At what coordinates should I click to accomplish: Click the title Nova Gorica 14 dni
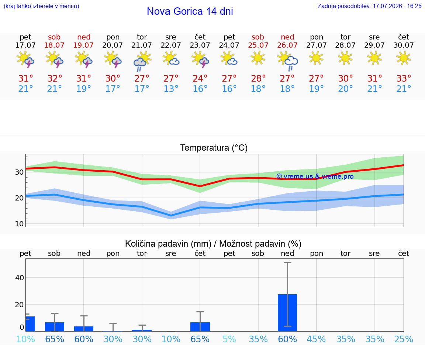[x=190, y=11]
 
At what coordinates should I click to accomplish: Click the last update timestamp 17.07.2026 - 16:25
[x=397, y=6]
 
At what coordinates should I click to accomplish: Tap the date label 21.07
[x=142, y=45]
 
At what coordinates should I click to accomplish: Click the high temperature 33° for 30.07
[x=404, y=78]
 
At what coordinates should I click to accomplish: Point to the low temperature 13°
[x=171, y=89]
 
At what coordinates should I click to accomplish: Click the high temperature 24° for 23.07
[x=200, y=78]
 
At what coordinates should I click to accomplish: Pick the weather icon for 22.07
[x=171, y=59]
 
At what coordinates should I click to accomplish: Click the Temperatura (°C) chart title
[x=214, y=148]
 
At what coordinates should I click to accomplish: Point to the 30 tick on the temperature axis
[x=19, y=172]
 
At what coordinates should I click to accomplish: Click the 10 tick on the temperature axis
[x=19, y=224]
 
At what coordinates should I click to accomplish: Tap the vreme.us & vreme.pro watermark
[x=315, y=176]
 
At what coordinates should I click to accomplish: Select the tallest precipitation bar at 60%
[x=287, y=313]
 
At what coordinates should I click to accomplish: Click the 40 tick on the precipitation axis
[x=20, y=278]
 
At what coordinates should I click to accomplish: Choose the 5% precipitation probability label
[x=229, y=339]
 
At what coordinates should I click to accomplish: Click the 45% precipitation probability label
[x=316, y=339]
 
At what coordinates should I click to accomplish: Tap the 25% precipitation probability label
[x=404, y=339]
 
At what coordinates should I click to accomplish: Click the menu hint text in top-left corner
[x=41, y=6]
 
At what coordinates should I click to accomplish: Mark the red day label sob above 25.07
[x=258, y=37]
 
